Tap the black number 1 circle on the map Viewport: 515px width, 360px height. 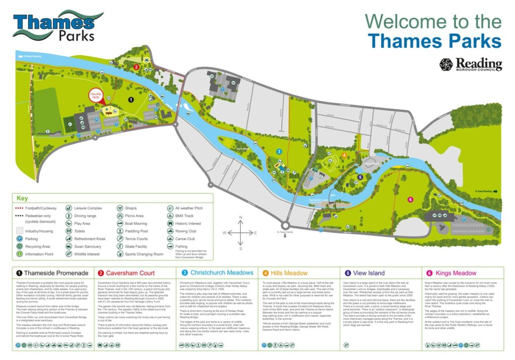coord(131,100)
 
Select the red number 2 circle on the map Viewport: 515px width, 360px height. coord(136,66)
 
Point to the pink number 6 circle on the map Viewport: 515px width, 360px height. coord(410,200)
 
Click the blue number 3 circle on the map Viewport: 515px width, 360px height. coord(279,151)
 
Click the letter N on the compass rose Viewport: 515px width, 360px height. coord(241,218)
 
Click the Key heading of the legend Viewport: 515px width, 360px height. coord(23,198)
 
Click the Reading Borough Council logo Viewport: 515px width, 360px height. coord(470,64)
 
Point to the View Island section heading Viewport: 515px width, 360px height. coord(368,273)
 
